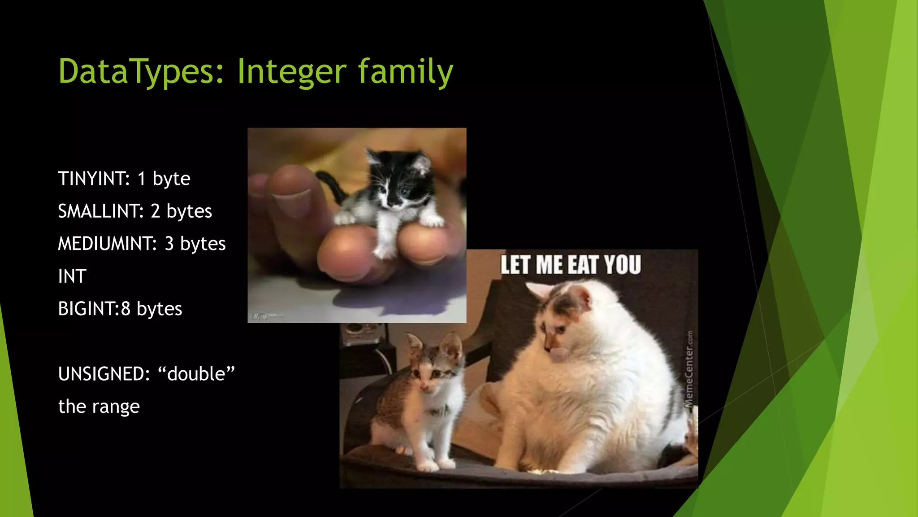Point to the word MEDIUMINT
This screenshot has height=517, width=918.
coord(107,244)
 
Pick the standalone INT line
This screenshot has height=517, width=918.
coord(72,276)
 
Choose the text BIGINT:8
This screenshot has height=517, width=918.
coord(94,309)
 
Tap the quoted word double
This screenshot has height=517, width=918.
coord(196,374)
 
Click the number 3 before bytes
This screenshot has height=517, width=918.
coord(169,244)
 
